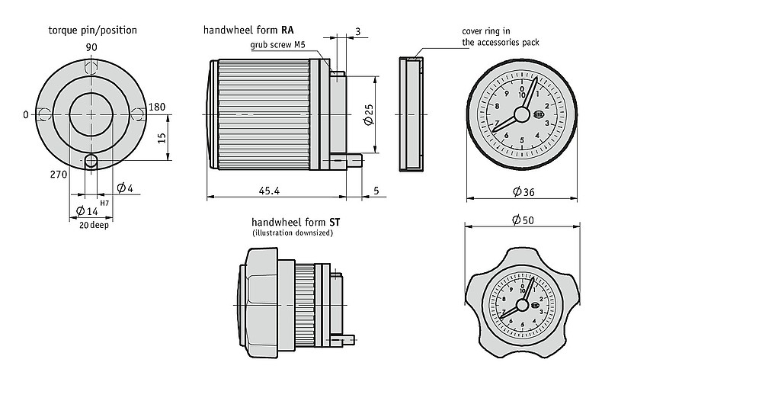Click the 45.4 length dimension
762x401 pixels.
point(267,190)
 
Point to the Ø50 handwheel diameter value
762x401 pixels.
point(523,220)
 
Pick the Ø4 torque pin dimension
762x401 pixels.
point(125,188)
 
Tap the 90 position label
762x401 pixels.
point(91,48)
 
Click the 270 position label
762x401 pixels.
point(59,175)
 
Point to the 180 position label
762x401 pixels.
point(158,107)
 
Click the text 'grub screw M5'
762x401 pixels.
point(278,45)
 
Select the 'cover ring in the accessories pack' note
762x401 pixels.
point(500,37)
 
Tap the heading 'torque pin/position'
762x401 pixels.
point(92,30)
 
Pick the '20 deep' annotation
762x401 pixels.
point(92,226)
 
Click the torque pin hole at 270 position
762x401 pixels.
point(91,161)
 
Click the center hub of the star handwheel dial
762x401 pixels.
point(522,305)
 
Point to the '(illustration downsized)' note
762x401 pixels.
point(293,233)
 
